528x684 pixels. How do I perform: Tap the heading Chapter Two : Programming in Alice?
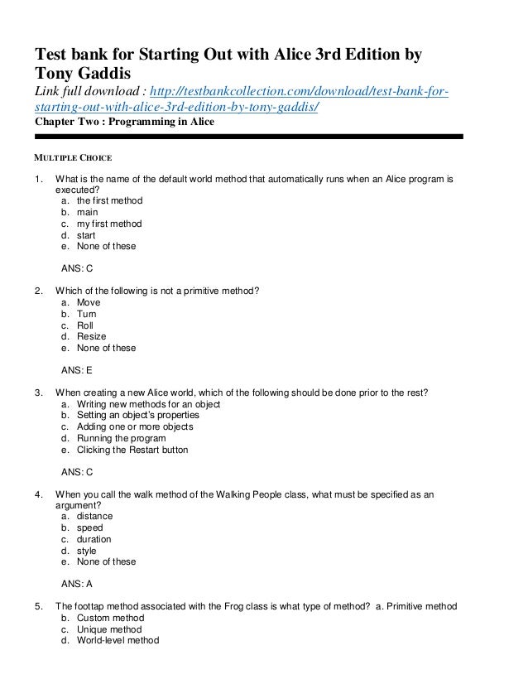[124, 122]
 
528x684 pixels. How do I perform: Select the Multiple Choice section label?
[72, 156]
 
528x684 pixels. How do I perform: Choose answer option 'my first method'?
[108, 224]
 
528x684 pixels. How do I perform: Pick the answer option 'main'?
[88, 212]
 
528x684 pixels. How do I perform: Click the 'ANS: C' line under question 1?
[78, 269]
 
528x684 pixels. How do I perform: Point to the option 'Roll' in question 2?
[86, 325]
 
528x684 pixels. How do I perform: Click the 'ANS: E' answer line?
[78, 371]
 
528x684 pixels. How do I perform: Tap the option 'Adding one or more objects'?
[134, 427]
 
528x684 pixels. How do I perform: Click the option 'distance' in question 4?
[94, 517]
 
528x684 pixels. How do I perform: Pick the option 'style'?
[86, 551]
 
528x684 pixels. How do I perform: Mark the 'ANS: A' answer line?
[78, 584]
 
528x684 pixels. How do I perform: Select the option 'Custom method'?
[110, 618]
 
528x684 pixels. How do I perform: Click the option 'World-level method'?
[117, 640]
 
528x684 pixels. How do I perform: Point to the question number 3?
[38, 393]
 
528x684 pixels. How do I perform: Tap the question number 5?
[38, 606]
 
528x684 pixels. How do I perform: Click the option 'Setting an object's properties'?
[137, 416]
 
